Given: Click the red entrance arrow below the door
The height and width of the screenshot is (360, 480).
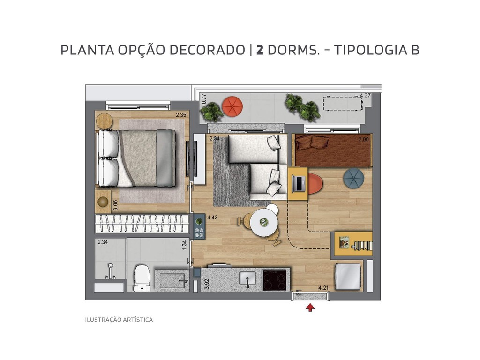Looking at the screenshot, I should (310, 307).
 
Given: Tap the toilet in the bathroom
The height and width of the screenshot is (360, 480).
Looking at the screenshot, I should (142, 278).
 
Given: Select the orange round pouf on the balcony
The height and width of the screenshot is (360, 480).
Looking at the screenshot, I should (232, 106).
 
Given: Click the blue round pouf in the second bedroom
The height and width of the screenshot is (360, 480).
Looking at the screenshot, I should (353, 179).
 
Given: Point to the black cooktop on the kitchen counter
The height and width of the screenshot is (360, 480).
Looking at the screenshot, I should (275, 280).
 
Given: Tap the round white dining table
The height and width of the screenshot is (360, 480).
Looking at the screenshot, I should (264, 223).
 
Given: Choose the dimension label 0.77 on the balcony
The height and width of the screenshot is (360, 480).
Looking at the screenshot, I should (204, 98).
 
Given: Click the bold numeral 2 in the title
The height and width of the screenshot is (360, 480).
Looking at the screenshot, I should (259, 50).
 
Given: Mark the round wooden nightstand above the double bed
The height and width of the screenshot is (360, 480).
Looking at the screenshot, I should (104, 121).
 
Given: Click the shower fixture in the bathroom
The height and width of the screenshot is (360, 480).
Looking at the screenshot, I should (111, 271).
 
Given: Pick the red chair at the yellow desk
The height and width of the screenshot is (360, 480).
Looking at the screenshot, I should (315, 183).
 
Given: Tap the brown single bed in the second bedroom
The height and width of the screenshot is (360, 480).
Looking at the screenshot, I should (332, 150).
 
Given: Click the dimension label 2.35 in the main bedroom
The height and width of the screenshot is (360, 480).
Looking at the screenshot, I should (181, 114).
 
